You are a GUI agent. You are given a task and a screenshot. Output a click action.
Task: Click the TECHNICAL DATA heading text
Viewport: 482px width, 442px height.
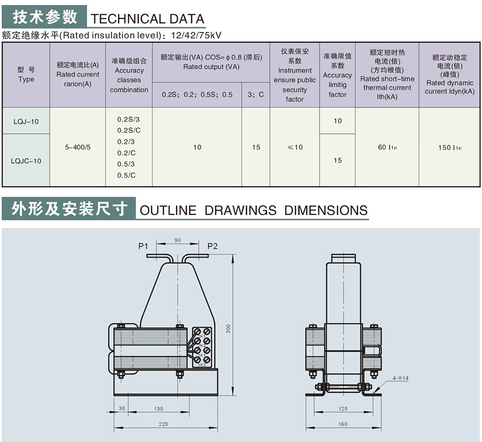[147, 19]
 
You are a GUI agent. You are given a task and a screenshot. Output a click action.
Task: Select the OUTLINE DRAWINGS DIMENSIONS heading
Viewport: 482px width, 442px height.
[253, 210]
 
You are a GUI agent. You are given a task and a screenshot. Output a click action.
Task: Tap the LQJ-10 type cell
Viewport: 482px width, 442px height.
[26, 121]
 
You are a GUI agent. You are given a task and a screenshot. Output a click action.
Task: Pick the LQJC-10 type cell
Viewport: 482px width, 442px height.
[26, 161]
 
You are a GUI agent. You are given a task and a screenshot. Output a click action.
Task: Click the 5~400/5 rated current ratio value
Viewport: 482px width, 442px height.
[77, 147]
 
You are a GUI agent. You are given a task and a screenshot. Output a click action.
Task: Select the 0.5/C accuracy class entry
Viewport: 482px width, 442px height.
[126, 175]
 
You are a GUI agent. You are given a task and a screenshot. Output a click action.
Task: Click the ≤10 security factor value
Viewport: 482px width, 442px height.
[295, 147]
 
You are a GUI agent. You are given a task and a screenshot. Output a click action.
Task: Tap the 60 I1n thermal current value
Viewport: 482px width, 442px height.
[387, 147]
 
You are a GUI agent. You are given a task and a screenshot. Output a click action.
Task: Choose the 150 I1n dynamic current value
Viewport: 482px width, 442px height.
[449, 147]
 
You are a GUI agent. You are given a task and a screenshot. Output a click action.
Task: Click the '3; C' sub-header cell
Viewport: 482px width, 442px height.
[256, 94]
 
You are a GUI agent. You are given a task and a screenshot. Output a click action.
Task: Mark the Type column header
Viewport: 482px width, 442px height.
[26, 75]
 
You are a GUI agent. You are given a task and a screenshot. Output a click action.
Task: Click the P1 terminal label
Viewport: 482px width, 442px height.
[143, 246]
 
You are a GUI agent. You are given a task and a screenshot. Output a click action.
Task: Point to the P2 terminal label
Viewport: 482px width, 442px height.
[212, 246]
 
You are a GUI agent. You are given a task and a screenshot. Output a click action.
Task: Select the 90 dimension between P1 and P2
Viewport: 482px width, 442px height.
[177, 240]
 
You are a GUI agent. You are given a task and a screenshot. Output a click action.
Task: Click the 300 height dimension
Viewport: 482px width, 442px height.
[229, 328]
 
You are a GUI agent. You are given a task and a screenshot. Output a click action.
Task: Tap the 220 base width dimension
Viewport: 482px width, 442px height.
[164, 424]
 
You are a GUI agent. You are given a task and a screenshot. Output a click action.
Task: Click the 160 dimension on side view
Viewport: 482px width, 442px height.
[343, 424]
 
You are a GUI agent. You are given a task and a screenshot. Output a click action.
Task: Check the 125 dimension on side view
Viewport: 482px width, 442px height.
[343, 408]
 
